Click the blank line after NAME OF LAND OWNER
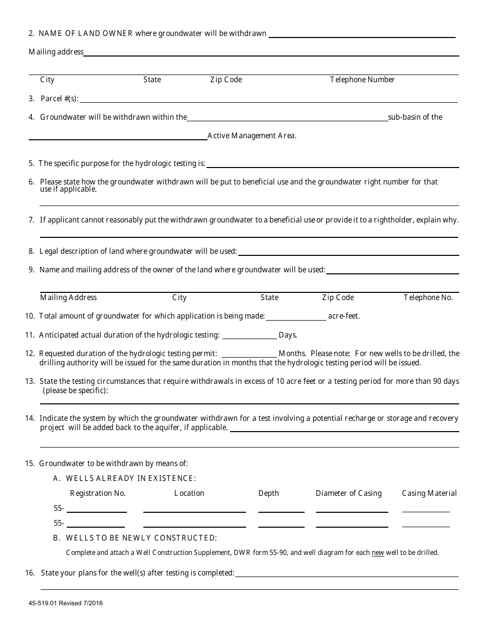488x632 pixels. (x=362, y=34)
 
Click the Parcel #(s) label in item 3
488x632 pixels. (x=59, y=99)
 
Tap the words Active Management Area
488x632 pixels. (x=252, y=136)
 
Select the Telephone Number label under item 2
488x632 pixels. (x=362, y=80)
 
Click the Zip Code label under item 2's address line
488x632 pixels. (x=226, y=80)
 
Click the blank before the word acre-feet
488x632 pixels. (x=296, y=317)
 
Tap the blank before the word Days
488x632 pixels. (x=249, y=336)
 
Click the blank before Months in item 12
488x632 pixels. (x=249, y=354)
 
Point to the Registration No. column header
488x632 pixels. (x=98, y=493)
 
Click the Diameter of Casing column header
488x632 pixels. (x=349, y=493)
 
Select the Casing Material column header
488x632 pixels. (x=429, y=493)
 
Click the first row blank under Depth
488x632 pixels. (x=281, y=509)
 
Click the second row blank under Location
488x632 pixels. (x=194, y=524)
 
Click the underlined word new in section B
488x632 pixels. (x=378, y=553)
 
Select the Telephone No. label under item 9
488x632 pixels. (x=428, y=298)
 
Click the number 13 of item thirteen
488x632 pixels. (x=29, y=382)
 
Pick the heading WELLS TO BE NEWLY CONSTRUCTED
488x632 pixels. (x=141, y=538)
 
